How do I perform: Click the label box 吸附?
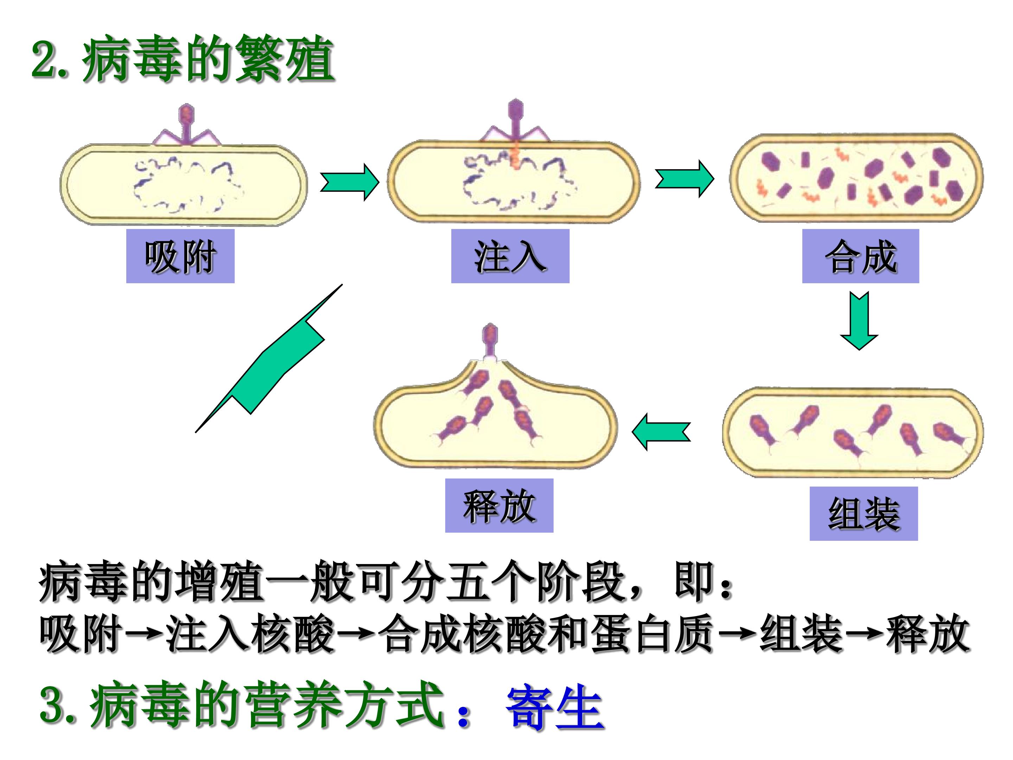tap(180, 256)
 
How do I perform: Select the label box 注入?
tap(510, 256)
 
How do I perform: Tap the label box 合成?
tap(860, 256)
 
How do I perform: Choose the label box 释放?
tap(499, 505)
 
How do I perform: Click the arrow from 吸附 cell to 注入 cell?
tap(349, 182)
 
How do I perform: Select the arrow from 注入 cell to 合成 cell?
tap(684, 179)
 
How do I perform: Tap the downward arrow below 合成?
tap(859, 321)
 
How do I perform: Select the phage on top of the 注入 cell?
tap(516, 121)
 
